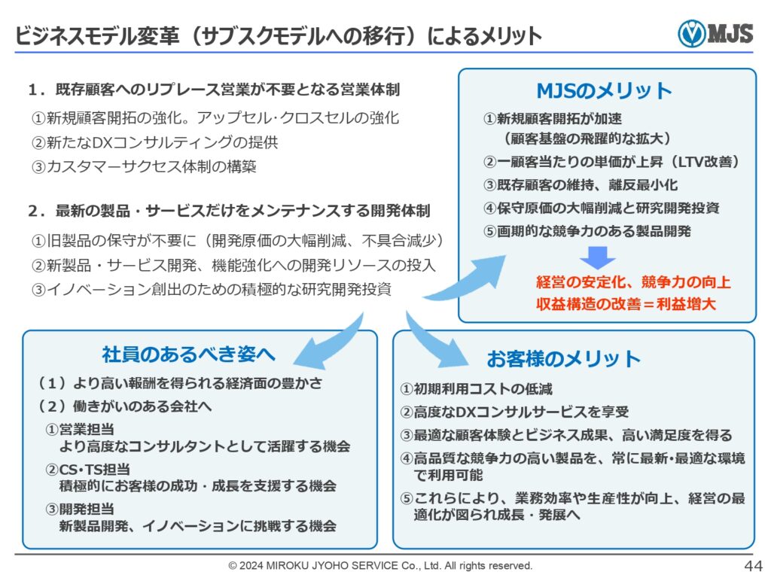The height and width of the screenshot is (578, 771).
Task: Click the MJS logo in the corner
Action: [x=715, y=33]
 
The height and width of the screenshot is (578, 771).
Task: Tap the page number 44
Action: [x=753, y=566]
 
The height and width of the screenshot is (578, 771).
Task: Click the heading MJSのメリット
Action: [x=605, y=91]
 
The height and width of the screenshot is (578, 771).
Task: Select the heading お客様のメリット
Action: [x=563, y=359]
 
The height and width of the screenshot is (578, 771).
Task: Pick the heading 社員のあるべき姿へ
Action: [x=188, y=354]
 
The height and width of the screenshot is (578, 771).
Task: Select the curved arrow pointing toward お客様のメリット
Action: [x=433, y=342]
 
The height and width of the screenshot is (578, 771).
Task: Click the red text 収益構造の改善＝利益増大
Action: [x=626, y=304]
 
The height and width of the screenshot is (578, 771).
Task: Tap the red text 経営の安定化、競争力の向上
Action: [x=633, y=282]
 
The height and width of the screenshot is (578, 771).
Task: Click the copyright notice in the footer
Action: [x=380, y=566]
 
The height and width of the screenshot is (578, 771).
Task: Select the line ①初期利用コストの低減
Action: [x=476, y=389]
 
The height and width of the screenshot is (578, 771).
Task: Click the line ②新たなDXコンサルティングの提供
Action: [x=155, y=142]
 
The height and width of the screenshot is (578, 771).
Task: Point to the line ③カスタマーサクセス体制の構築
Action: [x=144, y=166]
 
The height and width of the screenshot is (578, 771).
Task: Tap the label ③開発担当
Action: [x=80, y=510]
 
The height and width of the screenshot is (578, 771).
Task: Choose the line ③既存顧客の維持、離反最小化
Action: [x=581, y=185]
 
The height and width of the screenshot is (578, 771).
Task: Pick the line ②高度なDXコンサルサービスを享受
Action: [x=514, y=412]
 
